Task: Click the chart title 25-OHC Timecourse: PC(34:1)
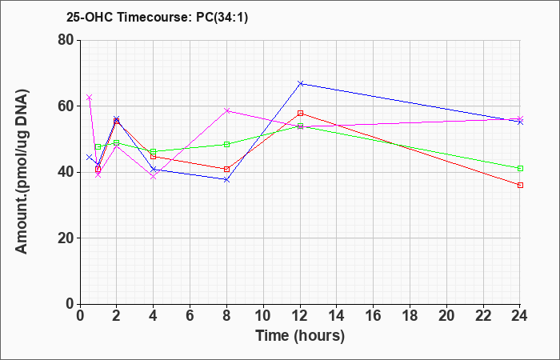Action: click(157, 17)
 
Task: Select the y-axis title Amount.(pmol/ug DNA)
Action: click(22, 172)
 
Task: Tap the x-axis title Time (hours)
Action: click(300, 336)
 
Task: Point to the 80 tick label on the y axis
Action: click(66, 40)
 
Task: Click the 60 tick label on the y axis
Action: click(66, 106)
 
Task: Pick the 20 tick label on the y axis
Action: click(66, 238)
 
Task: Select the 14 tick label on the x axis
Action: click(337, 316)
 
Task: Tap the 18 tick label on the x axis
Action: click(410, 316)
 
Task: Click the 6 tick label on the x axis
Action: click(190, 316)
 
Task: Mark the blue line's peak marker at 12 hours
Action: click(300, 83)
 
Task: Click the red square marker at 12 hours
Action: click(300, 114)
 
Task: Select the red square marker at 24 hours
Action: click(520, 185)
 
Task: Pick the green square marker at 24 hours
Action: click(520, 168)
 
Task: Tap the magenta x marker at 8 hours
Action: click(226, 110)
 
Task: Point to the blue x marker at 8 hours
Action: click(226, 180)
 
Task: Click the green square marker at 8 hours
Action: click(226, 144)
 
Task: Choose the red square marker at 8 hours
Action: click(226, 169)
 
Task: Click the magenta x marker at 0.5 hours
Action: click(90, 97)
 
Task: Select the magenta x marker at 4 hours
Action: click(154, 177)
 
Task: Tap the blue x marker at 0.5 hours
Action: click(90, 157)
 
